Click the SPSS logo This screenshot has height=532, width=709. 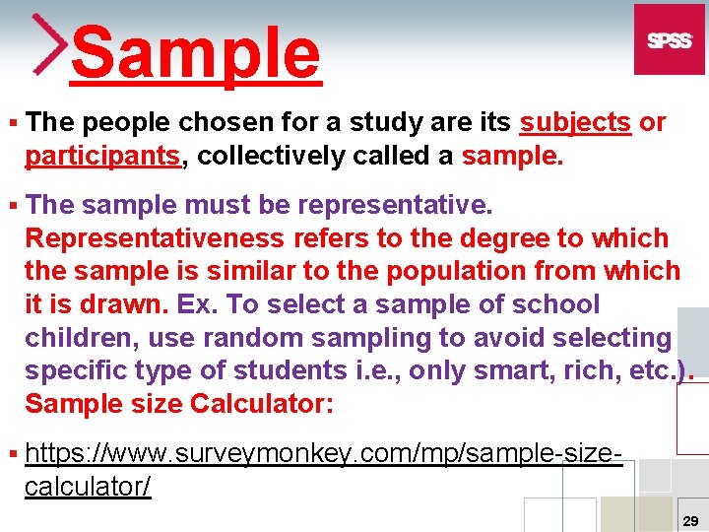(x=669, y=39)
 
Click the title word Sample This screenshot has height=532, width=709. (x=196, y=52)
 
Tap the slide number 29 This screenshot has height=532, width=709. (x=690, y=519)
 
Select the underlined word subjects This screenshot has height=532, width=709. (x=575, y=123)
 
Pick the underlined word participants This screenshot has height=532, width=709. (x=103, y=156)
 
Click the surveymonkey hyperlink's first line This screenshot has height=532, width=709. (x=324, y=454)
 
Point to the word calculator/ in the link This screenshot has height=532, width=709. (x=88, y=487)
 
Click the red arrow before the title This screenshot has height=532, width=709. (x=49, y=44)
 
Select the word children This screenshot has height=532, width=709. (x=82, y=337)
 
